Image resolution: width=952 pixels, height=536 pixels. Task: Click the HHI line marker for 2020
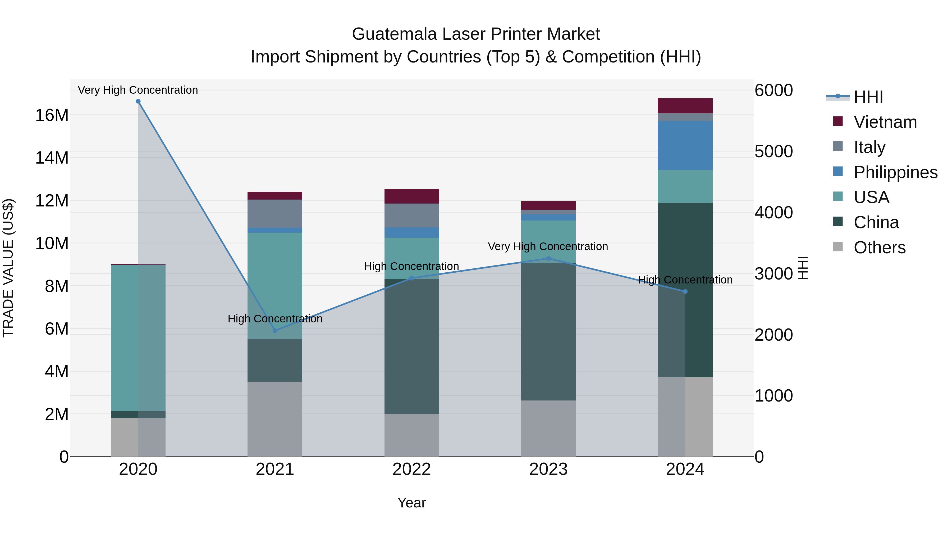(x=138, y=101)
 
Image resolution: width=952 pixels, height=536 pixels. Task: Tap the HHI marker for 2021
(x=275, y=330)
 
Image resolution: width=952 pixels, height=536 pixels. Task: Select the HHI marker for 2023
(x=548, y=259)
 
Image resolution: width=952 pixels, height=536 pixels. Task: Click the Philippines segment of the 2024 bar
(x=685, y=145)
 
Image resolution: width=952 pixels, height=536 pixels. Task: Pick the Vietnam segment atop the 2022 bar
(x=412, y=196)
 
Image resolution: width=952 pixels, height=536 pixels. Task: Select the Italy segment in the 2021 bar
(x=275, y=213)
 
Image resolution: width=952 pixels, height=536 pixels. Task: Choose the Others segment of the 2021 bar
(x=275, y=419)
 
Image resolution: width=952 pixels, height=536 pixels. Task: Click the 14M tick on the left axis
(x=52, y=158)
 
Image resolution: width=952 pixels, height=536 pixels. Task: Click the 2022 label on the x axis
(x=412, y=469)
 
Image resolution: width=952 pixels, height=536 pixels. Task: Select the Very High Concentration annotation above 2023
(x=548, y=246)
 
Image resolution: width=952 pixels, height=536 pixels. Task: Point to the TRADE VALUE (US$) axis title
(x=8, y=268)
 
